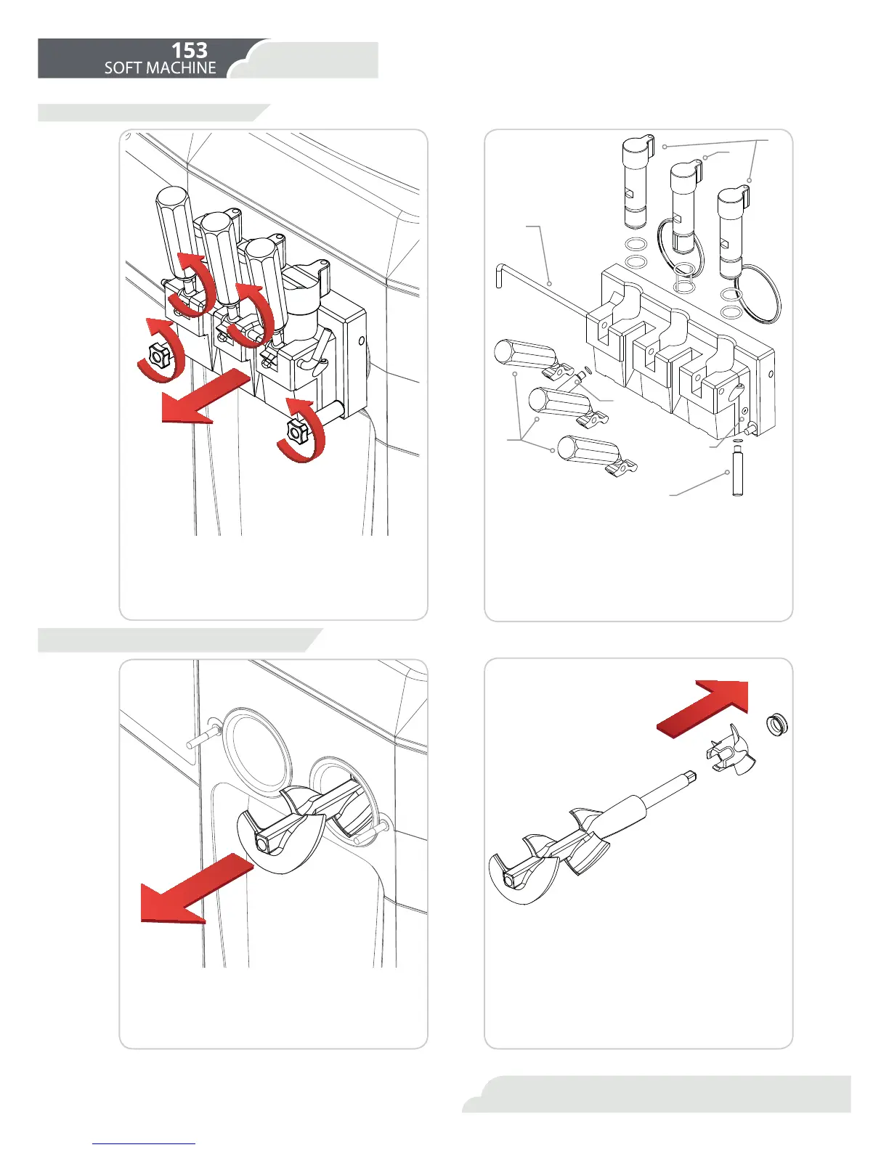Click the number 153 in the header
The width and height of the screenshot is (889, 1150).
tap(189, 50)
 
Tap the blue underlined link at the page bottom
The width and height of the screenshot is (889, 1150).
tap(144, 1143)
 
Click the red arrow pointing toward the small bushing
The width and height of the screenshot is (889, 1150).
tap(705, 712)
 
